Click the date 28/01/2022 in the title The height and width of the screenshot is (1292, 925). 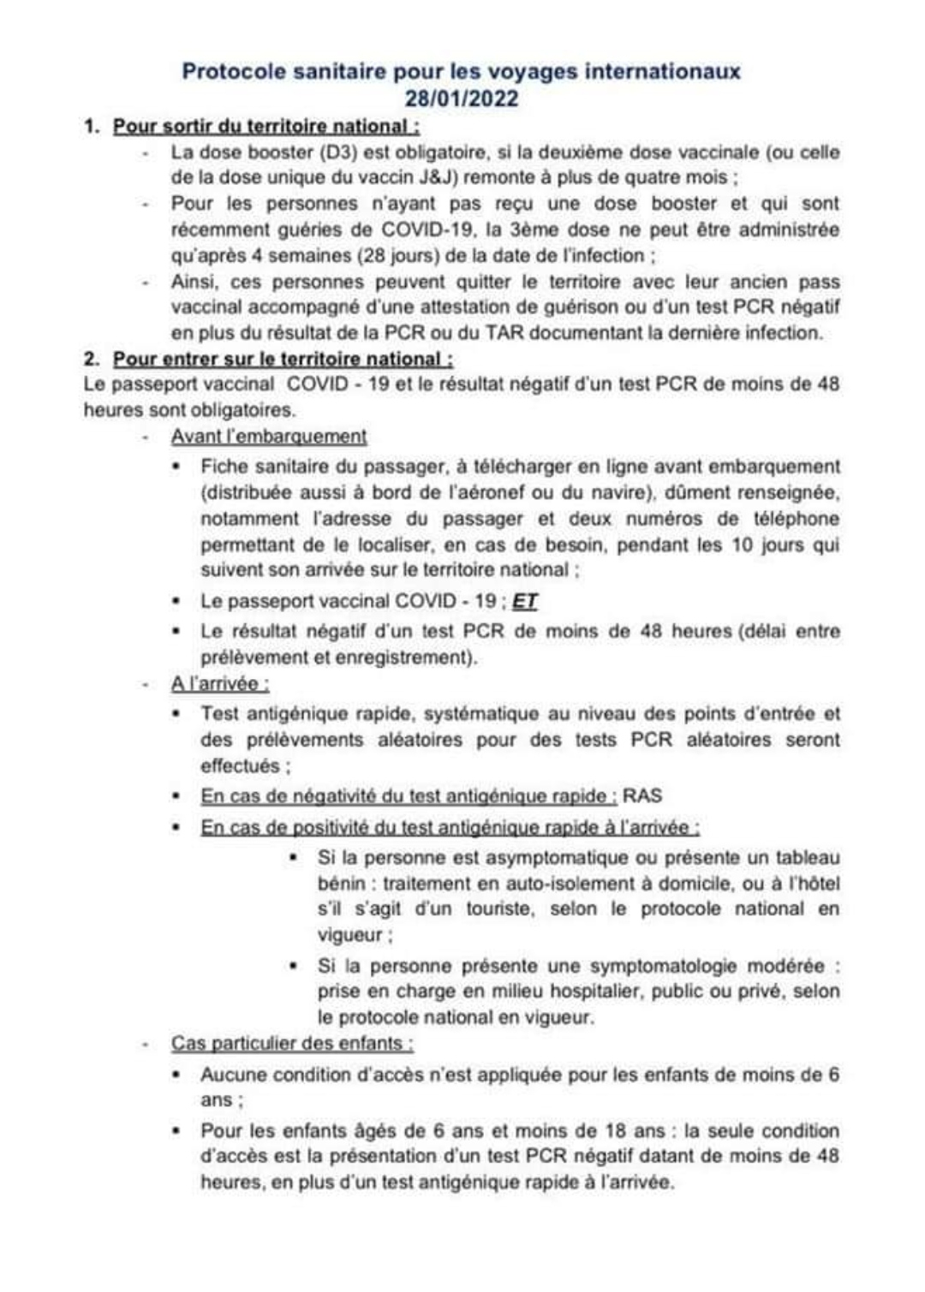point(462,98)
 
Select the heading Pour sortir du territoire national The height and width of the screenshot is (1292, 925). point(266,127)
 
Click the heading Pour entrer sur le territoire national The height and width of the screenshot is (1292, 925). point(283,359)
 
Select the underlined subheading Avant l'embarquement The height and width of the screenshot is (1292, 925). point(269,437)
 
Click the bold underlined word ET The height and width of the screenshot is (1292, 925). point(524,601)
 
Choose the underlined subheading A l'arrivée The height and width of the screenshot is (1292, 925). point(220,684)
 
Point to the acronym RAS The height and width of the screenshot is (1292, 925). point(642,796)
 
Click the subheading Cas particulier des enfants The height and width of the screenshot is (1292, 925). point(292,1044)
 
